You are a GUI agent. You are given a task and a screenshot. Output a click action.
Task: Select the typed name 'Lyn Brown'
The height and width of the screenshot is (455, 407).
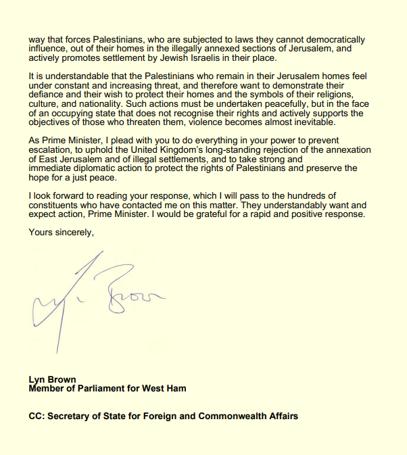click(52, 380)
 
